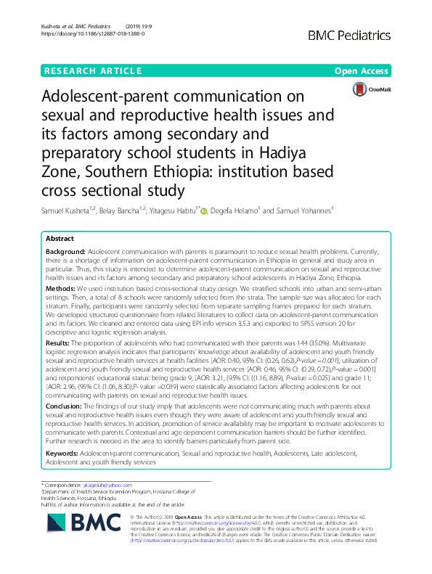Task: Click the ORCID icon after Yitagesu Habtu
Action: [203, 212]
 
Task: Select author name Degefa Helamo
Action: [232, 211]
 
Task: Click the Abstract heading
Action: [60, 239]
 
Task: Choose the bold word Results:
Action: [60, 343]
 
